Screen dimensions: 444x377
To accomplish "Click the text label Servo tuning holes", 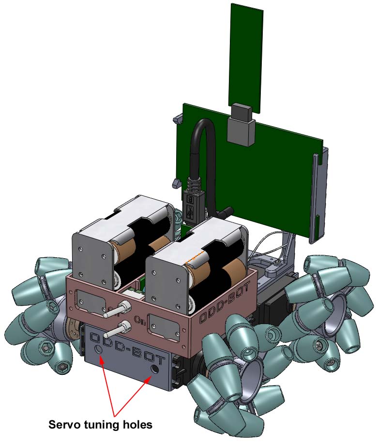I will pos(101,425).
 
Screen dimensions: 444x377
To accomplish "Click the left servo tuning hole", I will pos(99,349).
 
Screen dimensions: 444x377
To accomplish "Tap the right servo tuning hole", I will pos(155,369).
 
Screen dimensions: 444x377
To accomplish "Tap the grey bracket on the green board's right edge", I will pos(318,198).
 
